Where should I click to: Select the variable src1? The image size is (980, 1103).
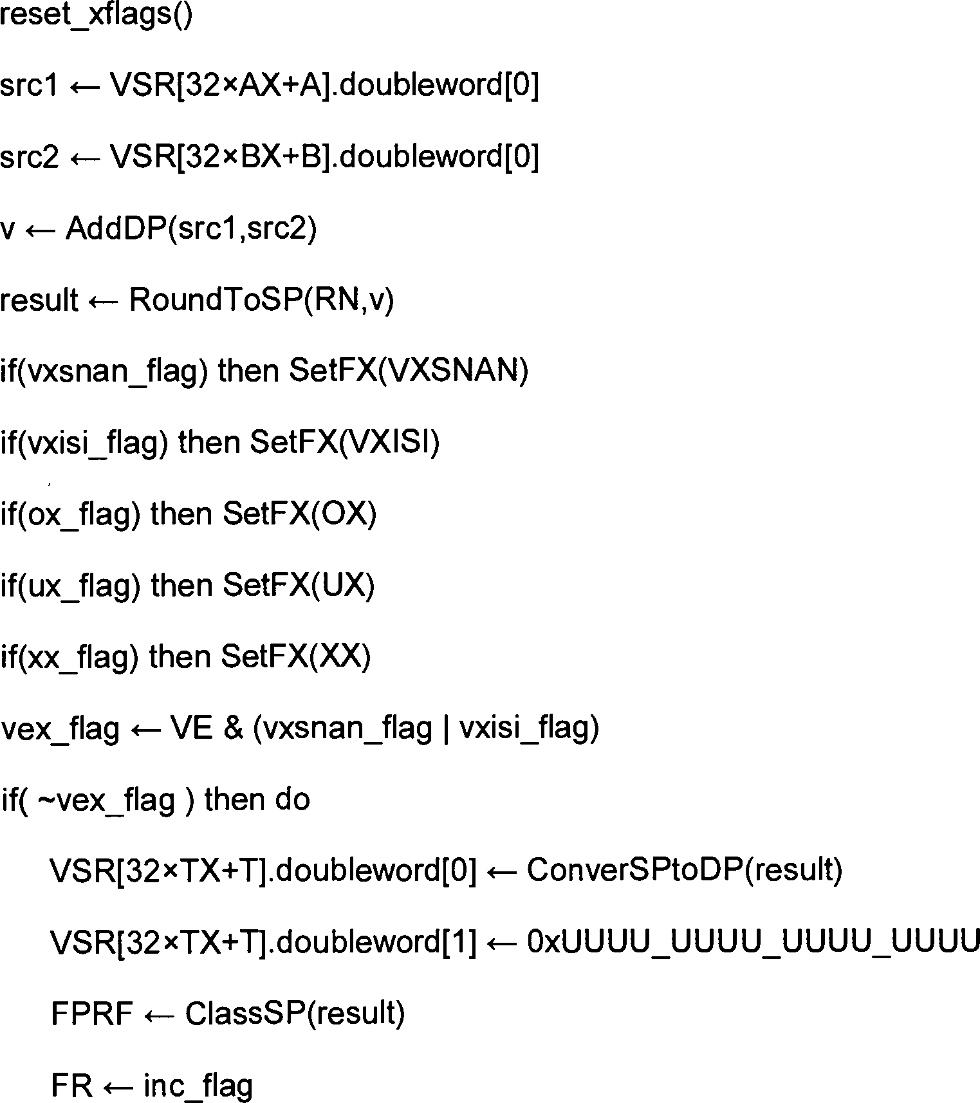click(x=29, y=86)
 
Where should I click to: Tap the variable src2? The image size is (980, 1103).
click(x=29, y=157)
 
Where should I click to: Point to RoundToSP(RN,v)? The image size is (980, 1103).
click(x=261, y=300)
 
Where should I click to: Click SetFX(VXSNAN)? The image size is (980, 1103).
click(x=409, y=371)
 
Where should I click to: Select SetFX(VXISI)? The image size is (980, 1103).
click(x=344, y=442)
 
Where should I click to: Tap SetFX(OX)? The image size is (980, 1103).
click(x=299, y=514)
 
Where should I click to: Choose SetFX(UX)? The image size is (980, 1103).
click(x=299, y=585)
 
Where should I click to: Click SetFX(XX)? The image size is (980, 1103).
click(x=296, y=656)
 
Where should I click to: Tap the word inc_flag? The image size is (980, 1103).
click(x=198, y=1086)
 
